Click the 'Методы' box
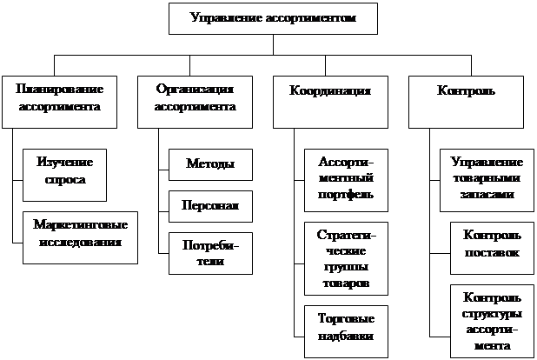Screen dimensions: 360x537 [209, 165]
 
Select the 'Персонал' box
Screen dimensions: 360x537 [209, 206]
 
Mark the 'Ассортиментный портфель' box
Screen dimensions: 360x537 [346, 178]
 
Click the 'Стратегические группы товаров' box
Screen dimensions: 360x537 [346, 258]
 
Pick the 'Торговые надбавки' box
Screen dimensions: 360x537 [346, 328]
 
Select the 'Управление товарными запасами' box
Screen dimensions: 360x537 [487, 178]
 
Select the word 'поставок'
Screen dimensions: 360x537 [492, 252]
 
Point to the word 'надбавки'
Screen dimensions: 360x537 [346, 336]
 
